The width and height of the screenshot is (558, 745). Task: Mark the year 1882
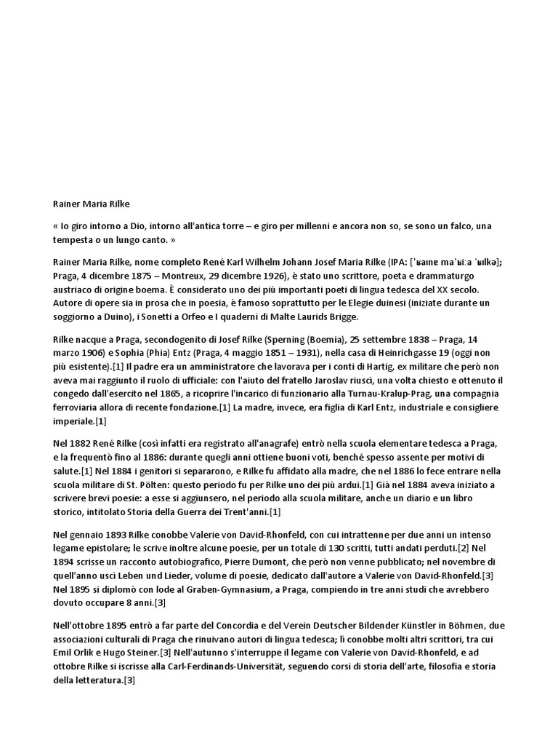79,444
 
